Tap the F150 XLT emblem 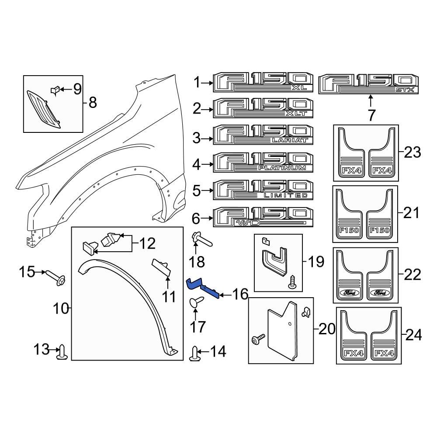tap(263, 108)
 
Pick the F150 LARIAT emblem tap(263, 135)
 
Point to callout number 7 tap(371, 116)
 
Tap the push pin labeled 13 tap(62, 352)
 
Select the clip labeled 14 tap(195, 353)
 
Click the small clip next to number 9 tap(55, 90)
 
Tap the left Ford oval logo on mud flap tap(348, 292)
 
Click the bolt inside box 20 tap(258, 338)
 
